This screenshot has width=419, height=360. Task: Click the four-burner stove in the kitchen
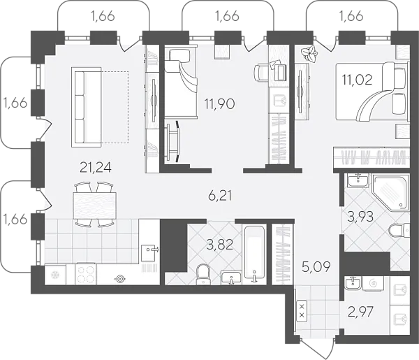(x=86, y=274)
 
